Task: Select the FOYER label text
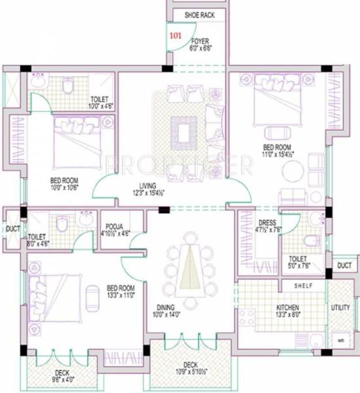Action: [x=200, y=41]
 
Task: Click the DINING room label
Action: [x=165, y=306]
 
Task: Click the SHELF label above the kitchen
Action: [x=304, y=286]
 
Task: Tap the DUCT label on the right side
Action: [x=344, y=265]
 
